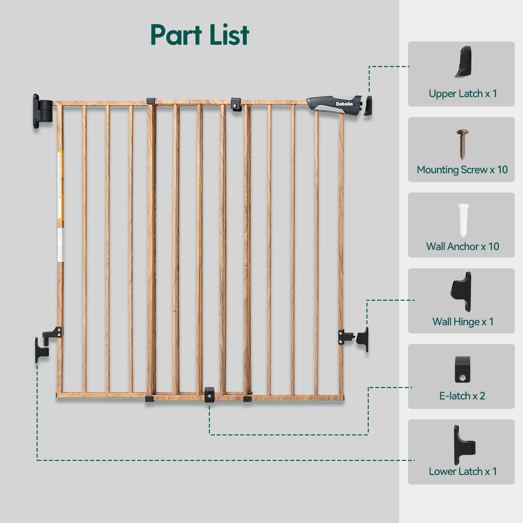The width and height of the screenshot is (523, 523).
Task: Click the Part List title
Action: point(199,35)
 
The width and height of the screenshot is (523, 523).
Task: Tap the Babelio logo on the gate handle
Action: point(344,104)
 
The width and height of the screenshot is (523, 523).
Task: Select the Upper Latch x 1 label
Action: point(463,94)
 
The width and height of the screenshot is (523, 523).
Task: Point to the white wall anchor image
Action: point(463,220)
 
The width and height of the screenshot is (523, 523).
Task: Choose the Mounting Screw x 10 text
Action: point(462,170)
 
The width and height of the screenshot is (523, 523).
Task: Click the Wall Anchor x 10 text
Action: point(462,246)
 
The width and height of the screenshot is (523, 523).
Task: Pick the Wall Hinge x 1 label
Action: point(463,322)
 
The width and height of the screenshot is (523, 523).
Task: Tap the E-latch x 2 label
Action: point(462,396)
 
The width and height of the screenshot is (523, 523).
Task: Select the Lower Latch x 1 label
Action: point(463,472)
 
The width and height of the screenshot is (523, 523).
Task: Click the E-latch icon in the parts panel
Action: point(462,369)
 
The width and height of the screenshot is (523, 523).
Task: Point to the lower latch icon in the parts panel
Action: point(464,445)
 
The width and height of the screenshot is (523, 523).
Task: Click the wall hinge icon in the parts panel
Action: point(462,291)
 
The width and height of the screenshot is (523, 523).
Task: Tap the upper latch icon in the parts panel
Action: point(463,62)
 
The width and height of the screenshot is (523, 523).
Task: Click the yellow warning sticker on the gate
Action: point(60,185)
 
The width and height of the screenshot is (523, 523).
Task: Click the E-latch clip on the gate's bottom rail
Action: point(209,395)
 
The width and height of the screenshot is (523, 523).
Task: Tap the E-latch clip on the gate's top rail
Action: point(235,104)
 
